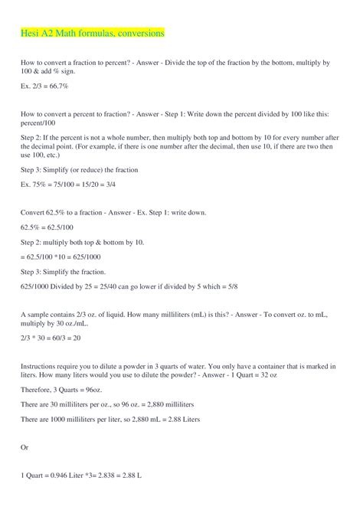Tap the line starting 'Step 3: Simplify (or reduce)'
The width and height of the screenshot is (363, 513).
coord(79,169)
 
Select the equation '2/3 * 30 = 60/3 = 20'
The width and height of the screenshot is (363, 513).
coord(51,338)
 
